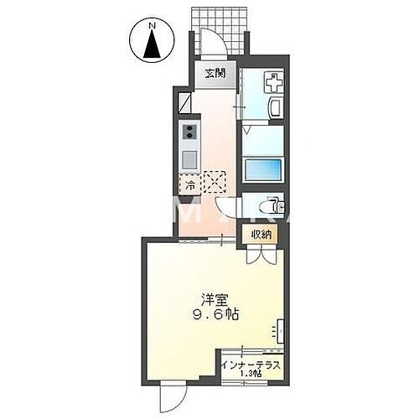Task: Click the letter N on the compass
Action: click(152, 25)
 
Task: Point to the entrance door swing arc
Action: click(215, 44)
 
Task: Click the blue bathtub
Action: click(263, 166)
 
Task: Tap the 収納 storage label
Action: click(261, 234)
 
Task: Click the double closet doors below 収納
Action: click(261, 256)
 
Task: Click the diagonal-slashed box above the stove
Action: click(187, 104)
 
